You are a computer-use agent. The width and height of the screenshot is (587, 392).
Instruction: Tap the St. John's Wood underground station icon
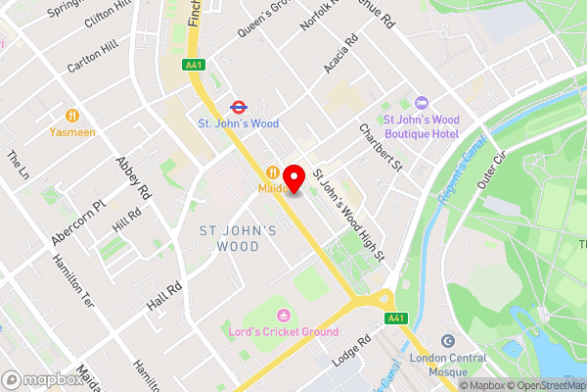pyautogui.click(x=238, y=106)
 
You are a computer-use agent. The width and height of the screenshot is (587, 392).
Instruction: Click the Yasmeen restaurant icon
pyautogui.click(x=72, y=113)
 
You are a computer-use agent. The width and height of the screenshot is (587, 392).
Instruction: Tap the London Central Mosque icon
pyautogui.click(x=447, y=341)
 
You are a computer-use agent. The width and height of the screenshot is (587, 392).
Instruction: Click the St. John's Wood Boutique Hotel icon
pyautogui.click(x=422, y=103)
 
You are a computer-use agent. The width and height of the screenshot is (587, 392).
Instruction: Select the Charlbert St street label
pyautogui.click(x=382, y=146)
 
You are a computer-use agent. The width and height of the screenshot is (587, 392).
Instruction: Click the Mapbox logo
pyautogui.click(x=43, y=379)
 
